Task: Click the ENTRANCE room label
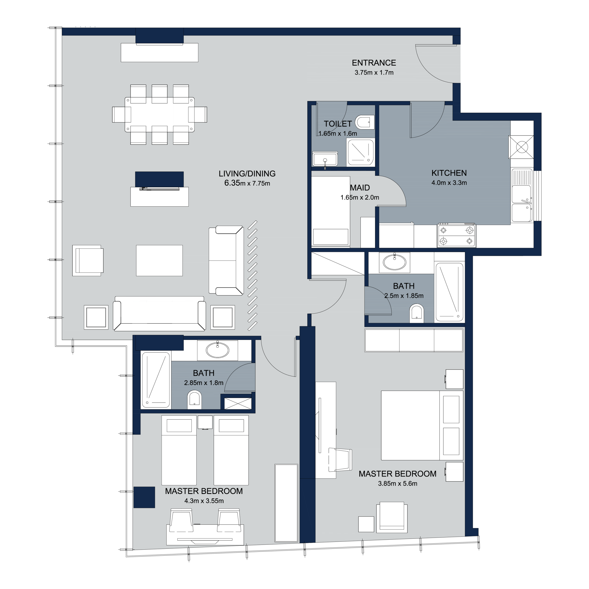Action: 374,63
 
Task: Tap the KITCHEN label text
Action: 449,173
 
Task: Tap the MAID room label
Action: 360,188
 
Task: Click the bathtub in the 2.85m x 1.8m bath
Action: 156,380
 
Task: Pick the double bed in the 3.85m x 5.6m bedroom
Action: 422,425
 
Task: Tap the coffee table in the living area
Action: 159,261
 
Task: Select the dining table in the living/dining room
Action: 159,115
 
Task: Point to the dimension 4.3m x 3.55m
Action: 204,501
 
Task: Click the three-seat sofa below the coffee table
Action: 159,314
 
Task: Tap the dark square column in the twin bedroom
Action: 144,497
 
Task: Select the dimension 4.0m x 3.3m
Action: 449,183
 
